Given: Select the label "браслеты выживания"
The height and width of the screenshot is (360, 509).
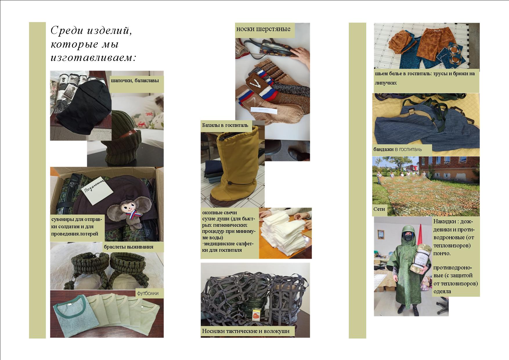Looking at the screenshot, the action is pos(128,247).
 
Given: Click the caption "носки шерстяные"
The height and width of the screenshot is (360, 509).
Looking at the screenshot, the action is pos(263,29).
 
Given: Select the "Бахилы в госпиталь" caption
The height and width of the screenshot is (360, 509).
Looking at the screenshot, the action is pos(225,125).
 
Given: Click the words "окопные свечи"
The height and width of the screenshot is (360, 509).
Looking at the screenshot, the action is pos(219,213).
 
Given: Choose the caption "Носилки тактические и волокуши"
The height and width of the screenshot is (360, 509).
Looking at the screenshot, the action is pos(246,331).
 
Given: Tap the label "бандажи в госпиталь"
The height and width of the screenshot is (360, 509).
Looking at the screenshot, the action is pos(398,150).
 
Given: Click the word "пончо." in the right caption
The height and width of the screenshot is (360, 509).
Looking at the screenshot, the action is pos(442,253).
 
